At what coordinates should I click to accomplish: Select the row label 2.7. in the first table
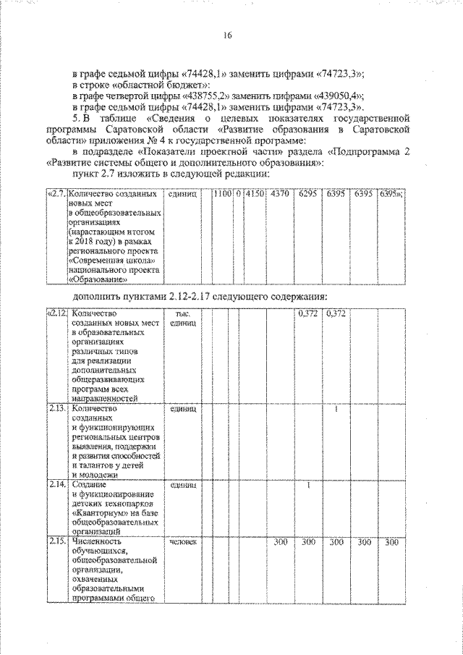click(56, 195)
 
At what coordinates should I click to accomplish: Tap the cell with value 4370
click(279, 195)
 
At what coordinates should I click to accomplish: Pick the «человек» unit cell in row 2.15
click(181, 541)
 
